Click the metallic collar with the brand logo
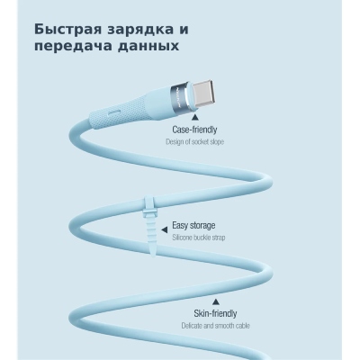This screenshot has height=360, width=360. pyautogui.click(x=181, y=96)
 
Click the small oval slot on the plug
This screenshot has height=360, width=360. pyautogui.click(x=115, y=113)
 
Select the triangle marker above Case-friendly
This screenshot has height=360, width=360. pyautogui.click(x=195, y=116)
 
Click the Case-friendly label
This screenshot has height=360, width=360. pyautogui.click(x=194, y=130)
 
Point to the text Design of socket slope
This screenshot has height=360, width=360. pyautogui.click(x=195, y=141)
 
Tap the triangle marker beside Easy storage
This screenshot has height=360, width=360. pyautogui.click(x=164, y=230)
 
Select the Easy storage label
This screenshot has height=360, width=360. pyautogui.click(x=193, y=225)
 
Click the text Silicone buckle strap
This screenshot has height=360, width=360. pyautogui.click(x=199, y=238)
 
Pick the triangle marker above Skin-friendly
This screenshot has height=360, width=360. pyautogui.click(x=215, y=301)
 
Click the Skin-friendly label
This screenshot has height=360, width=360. pyautogui.click(x=215, y=314)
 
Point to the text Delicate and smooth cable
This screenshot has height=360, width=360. pyautogui.click(x=215, y=326)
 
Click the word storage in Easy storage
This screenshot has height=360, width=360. pyautogui.click(x=202, y=226)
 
